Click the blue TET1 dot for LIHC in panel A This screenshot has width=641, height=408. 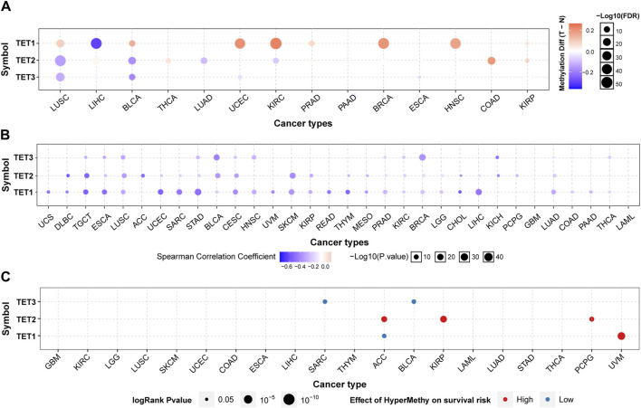click(96, 44)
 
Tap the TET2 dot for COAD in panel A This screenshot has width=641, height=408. click(491, 61)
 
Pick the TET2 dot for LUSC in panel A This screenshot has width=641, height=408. click(61, 61)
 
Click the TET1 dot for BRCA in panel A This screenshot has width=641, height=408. click(383, 44)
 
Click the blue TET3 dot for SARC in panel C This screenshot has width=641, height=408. click(325, 301)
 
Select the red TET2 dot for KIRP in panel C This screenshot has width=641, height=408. click(444, 318)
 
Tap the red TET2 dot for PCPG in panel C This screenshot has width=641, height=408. click(591, 318)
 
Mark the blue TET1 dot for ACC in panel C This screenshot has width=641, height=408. click(384, 337)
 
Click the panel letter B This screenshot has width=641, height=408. click(6, 136)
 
